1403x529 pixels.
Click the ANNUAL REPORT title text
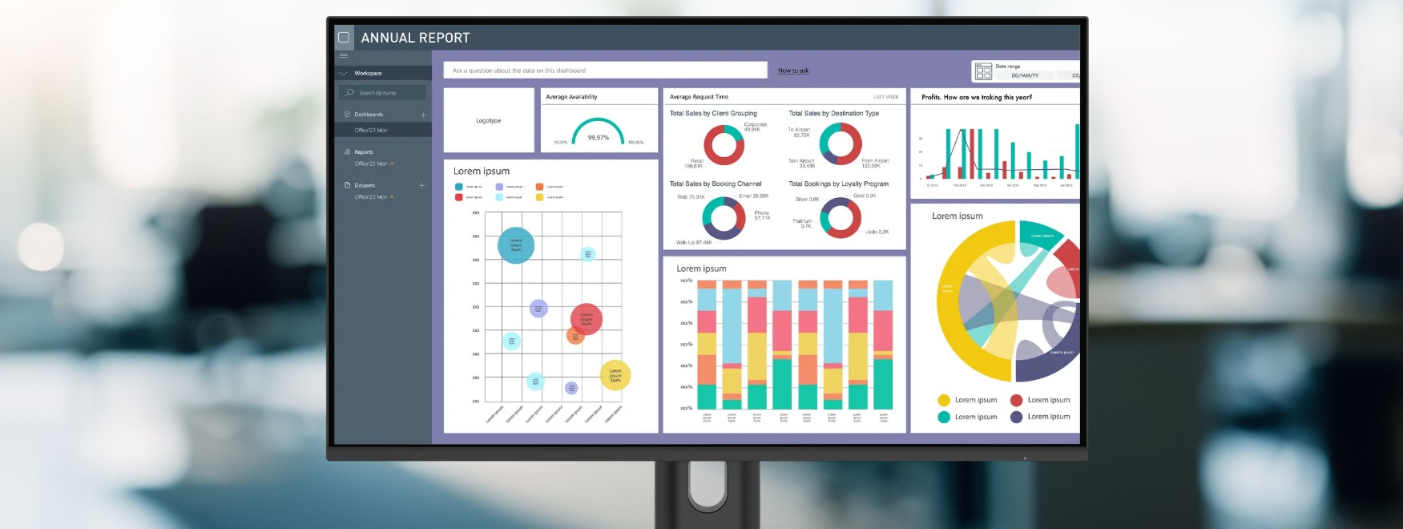[415, 38]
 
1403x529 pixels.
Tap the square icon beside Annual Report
[344, 38]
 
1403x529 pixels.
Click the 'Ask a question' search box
[605, 71]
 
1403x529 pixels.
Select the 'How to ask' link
[793, 71]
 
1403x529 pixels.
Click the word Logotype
[488, 121]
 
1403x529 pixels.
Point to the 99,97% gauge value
[599, 138]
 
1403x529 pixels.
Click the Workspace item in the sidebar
[368, 74]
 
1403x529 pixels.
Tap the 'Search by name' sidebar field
[382, 93]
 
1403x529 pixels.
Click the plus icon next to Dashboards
[423, 115]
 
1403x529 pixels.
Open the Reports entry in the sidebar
[364, 152]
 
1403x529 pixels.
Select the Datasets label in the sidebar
[365, 185]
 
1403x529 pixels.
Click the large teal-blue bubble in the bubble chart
[516, 245]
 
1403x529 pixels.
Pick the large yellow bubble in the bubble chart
[615, 374]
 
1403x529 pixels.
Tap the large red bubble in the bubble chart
[586, 318]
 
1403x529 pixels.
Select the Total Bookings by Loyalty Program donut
[840, 217]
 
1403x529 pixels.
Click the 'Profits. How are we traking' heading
[976, 98]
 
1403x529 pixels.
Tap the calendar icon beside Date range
[983, 71]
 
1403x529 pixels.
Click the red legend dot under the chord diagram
[1016, 400]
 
